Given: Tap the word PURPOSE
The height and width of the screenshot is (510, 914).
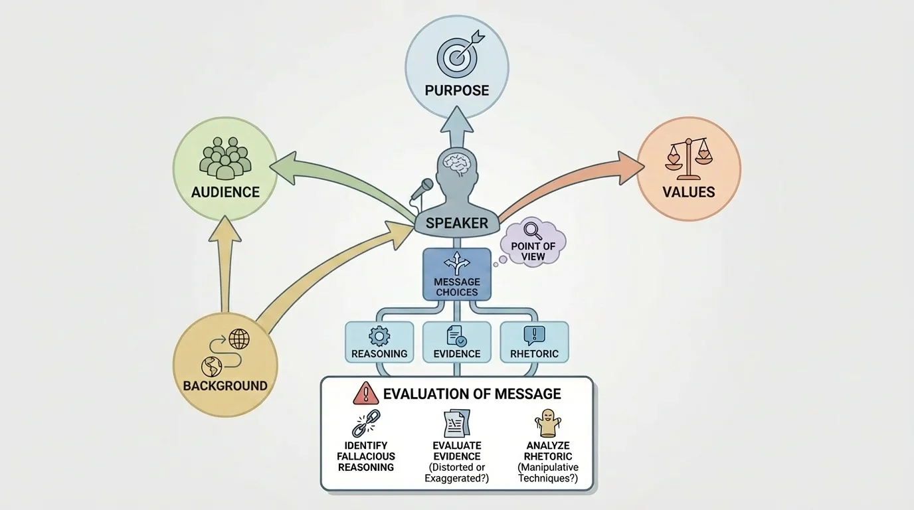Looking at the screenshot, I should tap(457, 90).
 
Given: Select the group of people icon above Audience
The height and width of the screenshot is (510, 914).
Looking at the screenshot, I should tap(225, 157).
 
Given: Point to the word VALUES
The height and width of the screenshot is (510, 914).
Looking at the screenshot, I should tap(689, 193).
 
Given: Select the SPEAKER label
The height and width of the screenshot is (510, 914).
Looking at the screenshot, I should tap(457, 223).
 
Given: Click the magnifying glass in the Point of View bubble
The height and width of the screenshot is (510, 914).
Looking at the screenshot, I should tap(533, 230).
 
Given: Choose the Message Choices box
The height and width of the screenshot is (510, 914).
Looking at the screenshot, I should tap(457, 274).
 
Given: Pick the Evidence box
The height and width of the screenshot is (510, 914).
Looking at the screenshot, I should tap(457, 342).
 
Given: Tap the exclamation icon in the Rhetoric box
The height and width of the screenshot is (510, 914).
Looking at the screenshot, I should tap(534, 335).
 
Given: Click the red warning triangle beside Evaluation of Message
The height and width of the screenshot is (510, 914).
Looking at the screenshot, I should tap(366, 393).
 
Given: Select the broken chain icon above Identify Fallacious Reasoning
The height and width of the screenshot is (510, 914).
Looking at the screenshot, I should tap(365, 424).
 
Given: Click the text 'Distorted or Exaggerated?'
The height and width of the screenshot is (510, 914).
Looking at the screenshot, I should tap(457, 473).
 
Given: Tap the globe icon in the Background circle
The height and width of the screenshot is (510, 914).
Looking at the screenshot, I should tap(238, 339).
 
